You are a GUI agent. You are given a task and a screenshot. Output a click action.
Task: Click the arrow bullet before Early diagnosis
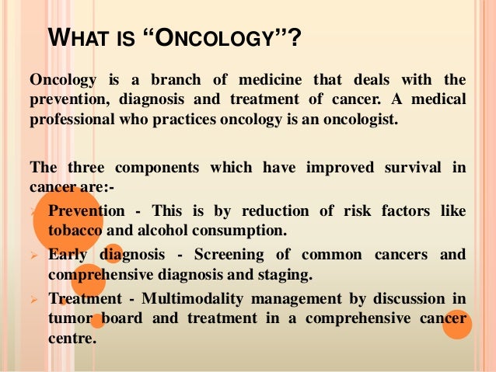click(x=33, y=255)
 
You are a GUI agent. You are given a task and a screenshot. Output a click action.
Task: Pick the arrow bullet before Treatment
click(x=33, y=298)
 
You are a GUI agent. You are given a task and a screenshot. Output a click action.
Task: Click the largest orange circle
click(x=67, y=214)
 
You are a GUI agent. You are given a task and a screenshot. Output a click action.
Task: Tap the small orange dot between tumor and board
click(x=97, y=319)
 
